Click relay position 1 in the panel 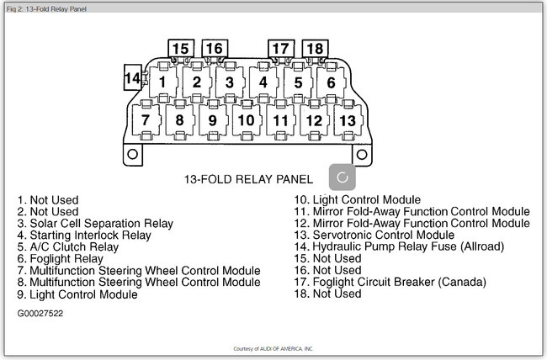162,82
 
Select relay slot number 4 263,82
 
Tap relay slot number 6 331,82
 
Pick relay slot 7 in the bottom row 146,120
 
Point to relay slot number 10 245,120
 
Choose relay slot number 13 346,120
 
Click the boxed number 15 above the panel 180,49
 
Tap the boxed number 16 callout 214,49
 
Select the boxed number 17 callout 280,49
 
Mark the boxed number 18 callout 314,49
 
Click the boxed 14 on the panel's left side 132,78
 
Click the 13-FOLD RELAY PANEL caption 248,179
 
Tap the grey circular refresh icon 342,177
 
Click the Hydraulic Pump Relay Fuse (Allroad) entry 398,247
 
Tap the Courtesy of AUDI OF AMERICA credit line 273,348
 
